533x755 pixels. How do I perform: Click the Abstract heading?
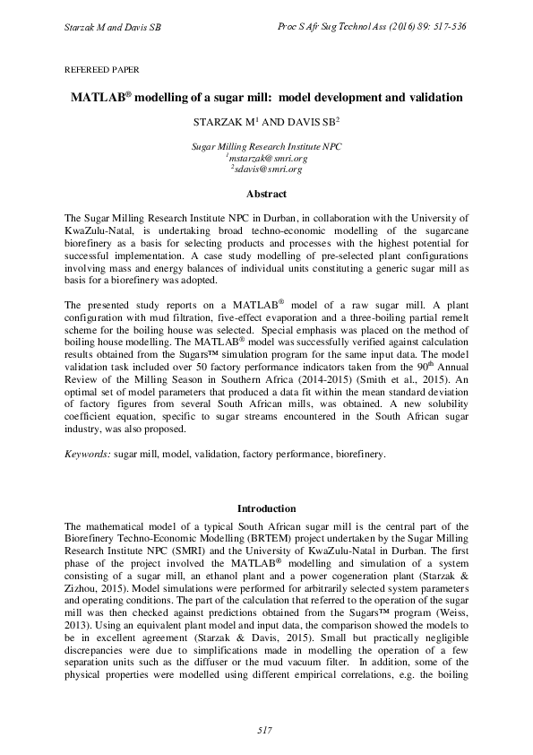266,195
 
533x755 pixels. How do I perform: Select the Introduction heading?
266,508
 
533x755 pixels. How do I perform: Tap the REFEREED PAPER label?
102,69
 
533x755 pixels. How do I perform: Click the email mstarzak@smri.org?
267,158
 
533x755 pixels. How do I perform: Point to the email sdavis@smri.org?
267,169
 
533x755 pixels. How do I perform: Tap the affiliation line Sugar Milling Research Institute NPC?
266,146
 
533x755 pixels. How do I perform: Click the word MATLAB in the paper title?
100,97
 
